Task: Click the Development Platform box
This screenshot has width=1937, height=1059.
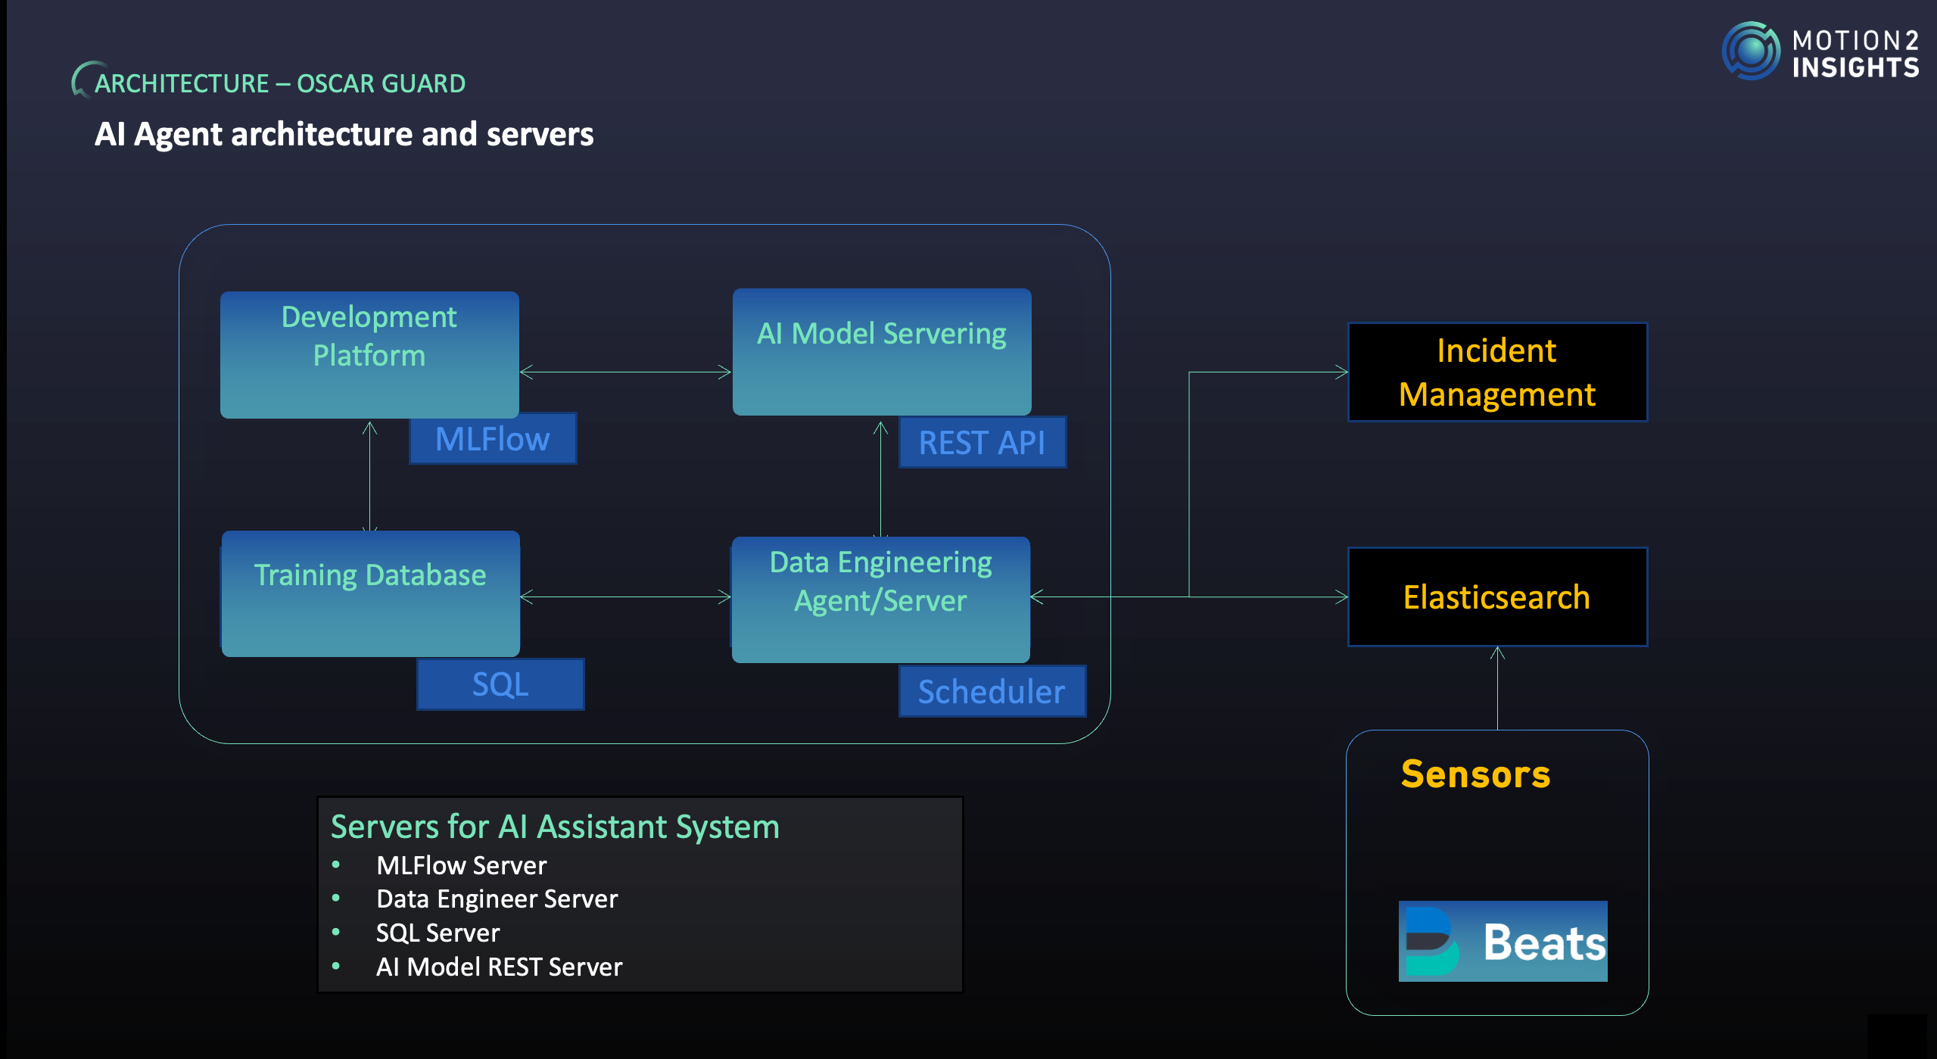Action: tap(369, 354)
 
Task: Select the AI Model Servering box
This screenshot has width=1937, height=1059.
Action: tap(882, 351)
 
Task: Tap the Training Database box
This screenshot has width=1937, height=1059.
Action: tap(370, 593)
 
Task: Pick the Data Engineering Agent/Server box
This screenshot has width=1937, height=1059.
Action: tap(880, 599)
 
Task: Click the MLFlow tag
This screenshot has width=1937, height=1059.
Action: tap(493, 439)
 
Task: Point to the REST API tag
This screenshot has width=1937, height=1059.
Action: tap(982, 443)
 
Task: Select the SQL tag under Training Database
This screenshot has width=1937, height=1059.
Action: tap(500, 684)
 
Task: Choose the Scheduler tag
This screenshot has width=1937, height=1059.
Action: tap(992, 692)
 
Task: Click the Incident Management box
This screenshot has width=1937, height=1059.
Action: tap(1497, 372)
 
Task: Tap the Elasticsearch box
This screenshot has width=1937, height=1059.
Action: tap(1497, 597)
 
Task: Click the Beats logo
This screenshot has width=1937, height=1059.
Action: tap(1503, 941)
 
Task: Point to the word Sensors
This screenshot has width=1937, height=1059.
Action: tap(1475, 774)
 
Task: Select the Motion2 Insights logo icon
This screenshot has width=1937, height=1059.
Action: tap(1751, 51)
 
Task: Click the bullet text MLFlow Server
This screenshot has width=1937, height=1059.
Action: tap(461, 865)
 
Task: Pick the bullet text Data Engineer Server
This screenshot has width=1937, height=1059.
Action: tap(497, 899)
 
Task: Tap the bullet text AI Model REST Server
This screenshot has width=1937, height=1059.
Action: tap(499, 967)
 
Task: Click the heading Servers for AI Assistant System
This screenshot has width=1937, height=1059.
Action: tap(555, 827)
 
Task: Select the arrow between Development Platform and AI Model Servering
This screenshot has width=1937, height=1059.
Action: tap(625, 372)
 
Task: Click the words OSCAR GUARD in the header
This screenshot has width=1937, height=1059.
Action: tap(381, 83)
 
